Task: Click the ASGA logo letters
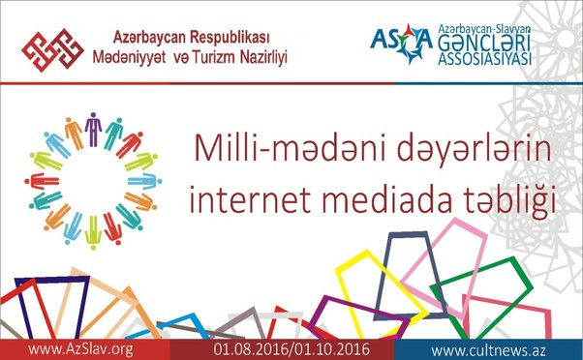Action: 399,39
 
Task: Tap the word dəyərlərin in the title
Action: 445,148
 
